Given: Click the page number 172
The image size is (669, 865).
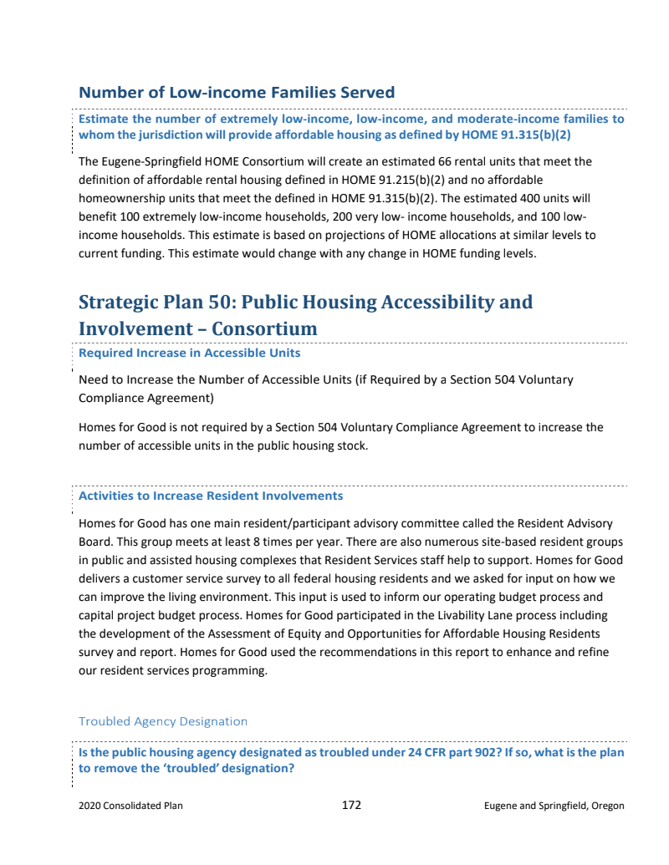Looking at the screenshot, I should [x=351, y=806].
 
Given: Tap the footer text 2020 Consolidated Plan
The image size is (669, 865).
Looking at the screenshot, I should [x=130, y=806].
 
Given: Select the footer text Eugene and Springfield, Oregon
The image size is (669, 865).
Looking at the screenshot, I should [x=554, y=806].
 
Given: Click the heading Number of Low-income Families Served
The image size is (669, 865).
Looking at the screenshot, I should [x=236, y=92].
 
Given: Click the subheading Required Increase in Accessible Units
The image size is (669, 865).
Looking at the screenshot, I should [x=189, y=353].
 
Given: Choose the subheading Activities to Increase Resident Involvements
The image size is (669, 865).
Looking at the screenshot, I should [x=211, y=496].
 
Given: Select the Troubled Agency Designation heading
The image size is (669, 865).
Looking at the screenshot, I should [x=163, y=721].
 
